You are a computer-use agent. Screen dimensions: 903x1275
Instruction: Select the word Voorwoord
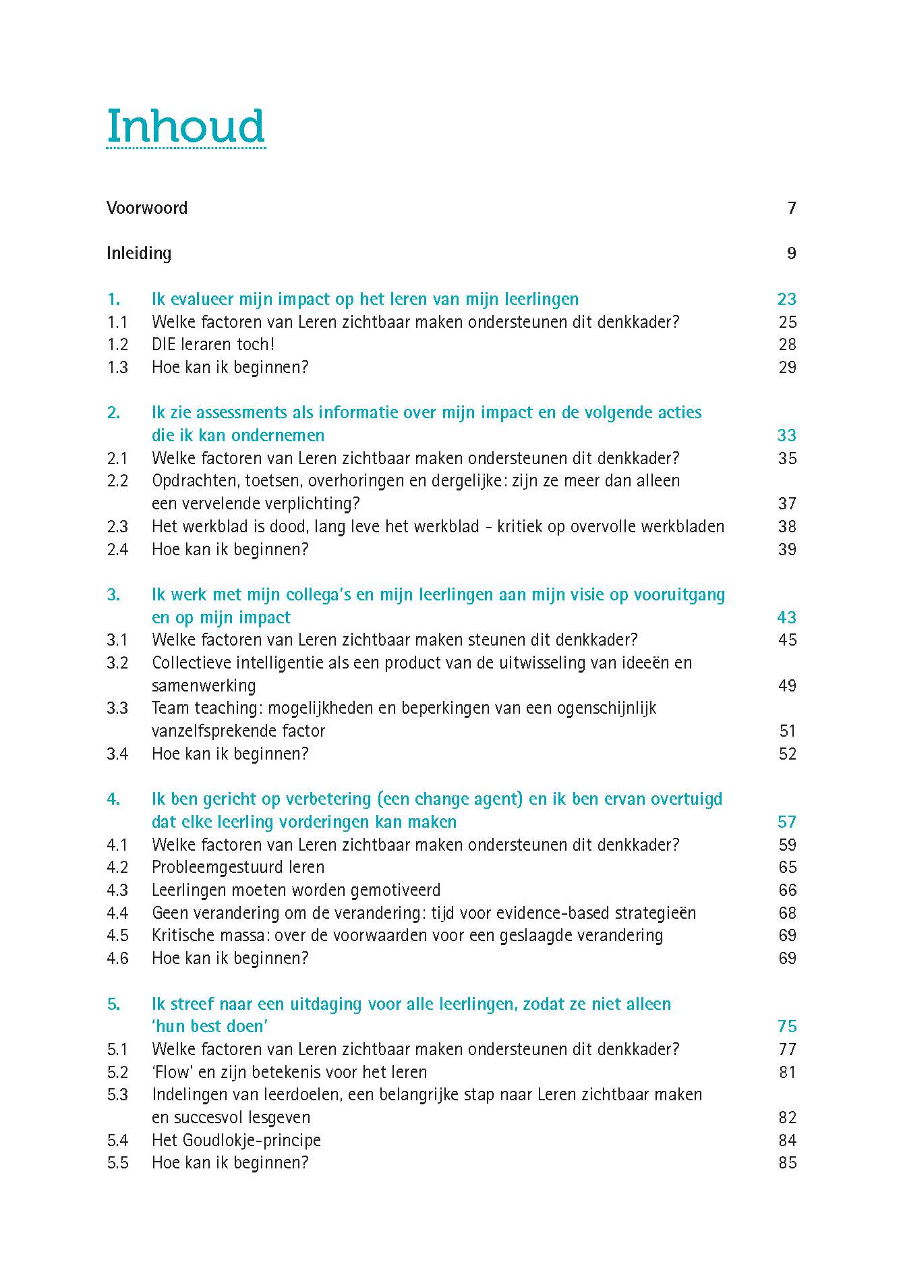(x=147, y=208)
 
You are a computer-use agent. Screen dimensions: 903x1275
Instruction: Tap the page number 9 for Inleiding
(x=791, y=253)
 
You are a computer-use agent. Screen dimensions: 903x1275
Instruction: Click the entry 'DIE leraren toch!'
(x=213, y=345)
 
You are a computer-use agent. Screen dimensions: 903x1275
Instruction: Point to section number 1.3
(x=117, y=368)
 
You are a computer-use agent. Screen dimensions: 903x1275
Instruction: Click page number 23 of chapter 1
(x=786, y=299)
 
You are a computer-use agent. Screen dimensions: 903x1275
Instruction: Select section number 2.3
(x=117, y=527)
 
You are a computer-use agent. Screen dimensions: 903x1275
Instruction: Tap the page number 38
(x=787, y=527)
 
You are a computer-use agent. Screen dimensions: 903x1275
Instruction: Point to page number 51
(x=787, y=731)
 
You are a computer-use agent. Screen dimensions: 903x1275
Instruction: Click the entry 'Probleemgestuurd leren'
(x=238, y=868)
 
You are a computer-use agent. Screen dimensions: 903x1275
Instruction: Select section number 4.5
(x=117, y=936)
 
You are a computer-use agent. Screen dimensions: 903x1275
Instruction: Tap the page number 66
(x=787, y=890)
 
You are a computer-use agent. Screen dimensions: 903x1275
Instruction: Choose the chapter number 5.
(x=113, y=1004)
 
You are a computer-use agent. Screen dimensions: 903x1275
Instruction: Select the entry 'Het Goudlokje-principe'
(x=236, y=1140)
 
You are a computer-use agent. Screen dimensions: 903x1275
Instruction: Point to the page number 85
(x=787, y=1163)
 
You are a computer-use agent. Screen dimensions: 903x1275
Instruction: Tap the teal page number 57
(x=786, y=822)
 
